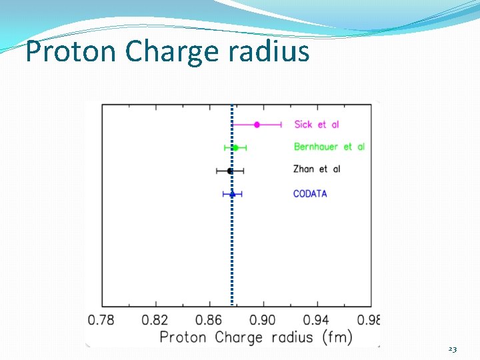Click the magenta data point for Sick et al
click(257, 125)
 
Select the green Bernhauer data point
click(235, 147)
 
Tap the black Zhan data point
click(230, 171)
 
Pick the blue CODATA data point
click(232, 194)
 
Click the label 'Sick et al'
click(317, 125)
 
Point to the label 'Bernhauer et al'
click(329, 147)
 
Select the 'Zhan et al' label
click(317, 169)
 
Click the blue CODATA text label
click(310, 194)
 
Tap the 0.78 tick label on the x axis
click(101, 320)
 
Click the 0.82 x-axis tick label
click(155, 320)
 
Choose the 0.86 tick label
click(209, 320)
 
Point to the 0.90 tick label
click(263, 320)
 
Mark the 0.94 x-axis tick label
click(317, 320)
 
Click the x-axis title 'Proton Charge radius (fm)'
click(255, 337)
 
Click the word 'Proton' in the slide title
click(70, 51)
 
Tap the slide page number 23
click(453, 349)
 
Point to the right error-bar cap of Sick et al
click(281, 125)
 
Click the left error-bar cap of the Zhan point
click(217, 171)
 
